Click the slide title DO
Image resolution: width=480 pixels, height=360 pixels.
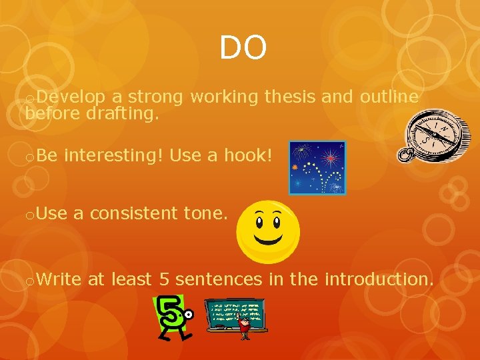pos(243,48)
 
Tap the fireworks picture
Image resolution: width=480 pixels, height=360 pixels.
pos(317,167)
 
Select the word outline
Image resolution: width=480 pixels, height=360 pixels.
pos(389,97)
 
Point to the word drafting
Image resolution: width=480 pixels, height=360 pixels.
pos(122,114)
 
